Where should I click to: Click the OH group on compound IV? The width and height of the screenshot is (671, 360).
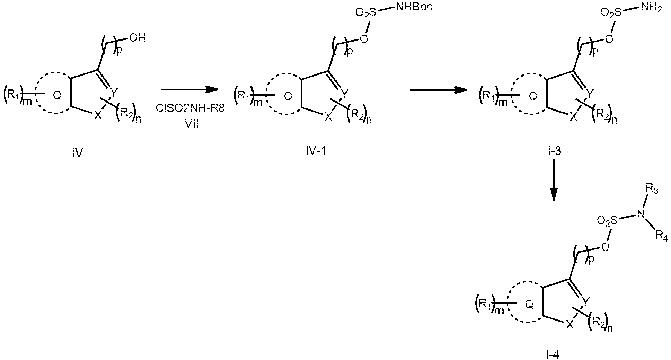tap(138, 38)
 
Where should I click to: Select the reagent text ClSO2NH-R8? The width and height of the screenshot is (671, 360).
tap(190, 108)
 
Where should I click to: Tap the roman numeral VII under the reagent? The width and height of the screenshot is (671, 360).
tap(191, 124)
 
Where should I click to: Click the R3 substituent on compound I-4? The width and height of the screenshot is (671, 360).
tap(652, 190)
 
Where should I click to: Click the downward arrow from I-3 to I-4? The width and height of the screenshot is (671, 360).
tap(554, 180)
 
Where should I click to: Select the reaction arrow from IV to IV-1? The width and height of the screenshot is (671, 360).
tap(190, 89)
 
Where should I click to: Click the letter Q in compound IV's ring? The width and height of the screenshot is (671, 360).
tap(57, 96)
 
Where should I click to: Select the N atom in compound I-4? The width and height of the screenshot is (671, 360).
tap(641, 215)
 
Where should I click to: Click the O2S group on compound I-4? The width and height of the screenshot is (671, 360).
tap(608, 221)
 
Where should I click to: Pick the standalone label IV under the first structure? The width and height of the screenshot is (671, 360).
tap(77, 152)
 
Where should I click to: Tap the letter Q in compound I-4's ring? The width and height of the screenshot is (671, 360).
tap(529, 304)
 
